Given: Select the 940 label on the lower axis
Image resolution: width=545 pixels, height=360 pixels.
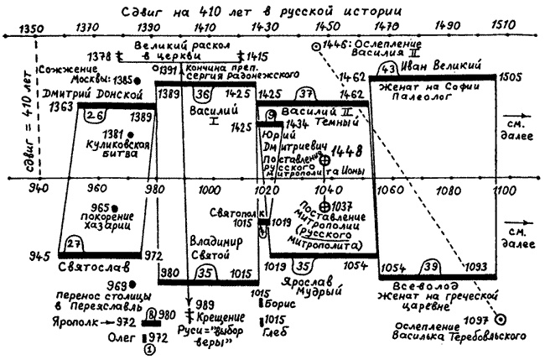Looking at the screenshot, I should (x=37, y=190).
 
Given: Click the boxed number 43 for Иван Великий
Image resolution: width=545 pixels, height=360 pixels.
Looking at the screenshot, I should (x=387, y=67).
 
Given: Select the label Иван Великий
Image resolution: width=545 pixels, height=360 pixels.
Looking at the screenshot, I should (x=433, y=65).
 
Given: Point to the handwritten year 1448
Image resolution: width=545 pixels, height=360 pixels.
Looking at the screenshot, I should (x=347, y=154).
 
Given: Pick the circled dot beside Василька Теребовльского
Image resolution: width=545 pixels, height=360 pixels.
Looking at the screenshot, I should (x=501, y=319).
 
